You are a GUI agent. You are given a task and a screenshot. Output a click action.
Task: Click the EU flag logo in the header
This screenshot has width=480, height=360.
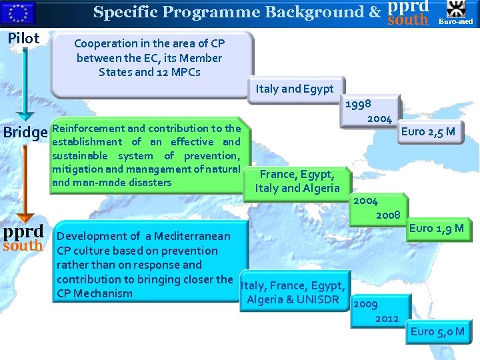20,12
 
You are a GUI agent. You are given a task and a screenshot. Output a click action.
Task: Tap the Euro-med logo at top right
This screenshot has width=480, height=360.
457,13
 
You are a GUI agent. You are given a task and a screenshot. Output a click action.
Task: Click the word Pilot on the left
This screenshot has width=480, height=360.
23,38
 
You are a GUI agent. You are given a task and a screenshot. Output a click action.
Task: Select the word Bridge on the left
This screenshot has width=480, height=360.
25,132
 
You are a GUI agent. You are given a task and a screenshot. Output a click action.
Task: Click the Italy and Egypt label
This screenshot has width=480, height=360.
294,89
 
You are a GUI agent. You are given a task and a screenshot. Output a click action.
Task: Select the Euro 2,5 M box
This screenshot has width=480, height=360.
428,131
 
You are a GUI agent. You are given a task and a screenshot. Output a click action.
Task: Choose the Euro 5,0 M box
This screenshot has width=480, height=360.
437,331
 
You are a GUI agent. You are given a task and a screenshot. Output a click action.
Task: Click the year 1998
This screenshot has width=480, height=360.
359,103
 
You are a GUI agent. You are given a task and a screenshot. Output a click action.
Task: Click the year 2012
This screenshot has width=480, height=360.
387,318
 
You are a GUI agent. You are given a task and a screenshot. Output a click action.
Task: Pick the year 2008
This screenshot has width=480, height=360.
387,215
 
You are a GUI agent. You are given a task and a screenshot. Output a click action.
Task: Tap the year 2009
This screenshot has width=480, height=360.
365,304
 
